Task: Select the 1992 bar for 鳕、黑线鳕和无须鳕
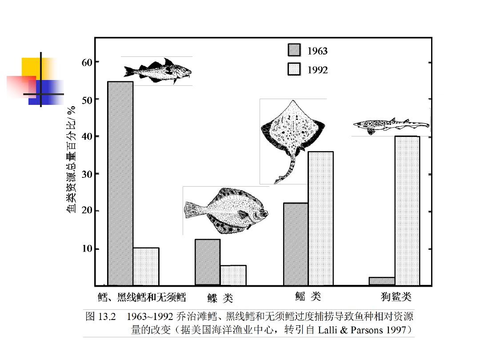coord(146,266)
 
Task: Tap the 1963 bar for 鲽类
coord(208,262)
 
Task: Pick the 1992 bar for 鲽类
coord(233,275)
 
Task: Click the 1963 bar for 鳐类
coord(296,244)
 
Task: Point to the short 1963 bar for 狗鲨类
coord(382,281)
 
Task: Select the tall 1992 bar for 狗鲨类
coord(407,211)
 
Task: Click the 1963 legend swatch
coord(294,50)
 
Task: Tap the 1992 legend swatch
coord(294,69)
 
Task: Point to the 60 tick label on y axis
coord(87,62)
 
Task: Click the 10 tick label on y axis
coord(87,248)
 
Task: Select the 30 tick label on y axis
coord(87,174)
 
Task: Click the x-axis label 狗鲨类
coord(396,296)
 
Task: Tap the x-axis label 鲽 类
coord(220,297)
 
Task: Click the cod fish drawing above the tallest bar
coord(157,70)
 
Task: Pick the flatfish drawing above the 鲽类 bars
coord(226,210)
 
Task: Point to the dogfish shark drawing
coord(391,125)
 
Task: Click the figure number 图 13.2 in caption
coord(100,317)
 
